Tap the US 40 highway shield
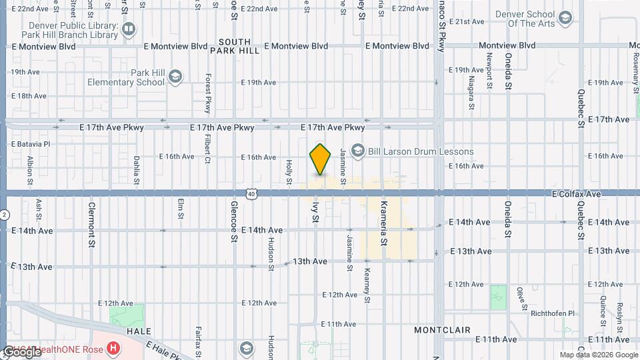tap(251, 193)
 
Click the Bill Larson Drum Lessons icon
tap(358, 151)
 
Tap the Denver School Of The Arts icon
tap(566, 18)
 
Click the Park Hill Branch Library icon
tap(128, 29)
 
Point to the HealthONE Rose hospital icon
tap(115, 348)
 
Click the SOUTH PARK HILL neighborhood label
tap(234, 45)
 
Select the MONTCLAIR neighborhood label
tap(443, 330)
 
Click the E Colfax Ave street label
tap(577, 194)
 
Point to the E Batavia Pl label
tap(31, 144)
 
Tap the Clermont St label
tap(92, 225)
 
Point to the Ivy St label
tap(315, 213)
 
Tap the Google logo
tap(21, 351)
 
